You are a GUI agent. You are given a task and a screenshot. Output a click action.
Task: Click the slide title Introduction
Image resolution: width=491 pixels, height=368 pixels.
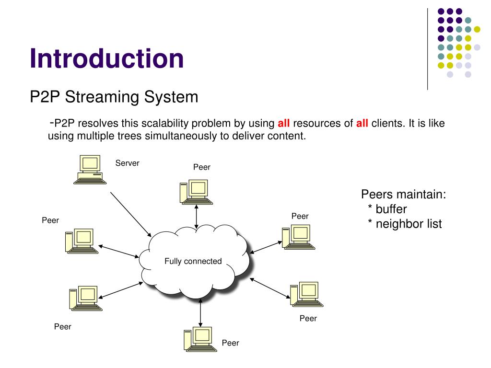pyautogui.click(x=106, y=58)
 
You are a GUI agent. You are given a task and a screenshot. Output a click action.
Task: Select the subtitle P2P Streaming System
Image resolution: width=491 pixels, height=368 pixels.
pyautogui.click(x=114, y=97)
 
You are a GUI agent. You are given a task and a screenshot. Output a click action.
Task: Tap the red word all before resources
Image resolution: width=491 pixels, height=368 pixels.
pyautogui.click(x=284, y=124)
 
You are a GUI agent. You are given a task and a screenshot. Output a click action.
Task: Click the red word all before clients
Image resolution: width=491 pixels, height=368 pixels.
pyautogui.click(x=362, y=124)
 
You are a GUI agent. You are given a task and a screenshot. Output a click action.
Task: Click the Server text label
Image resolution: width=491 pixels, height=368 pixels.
pyautogui.click(x=127, y=163)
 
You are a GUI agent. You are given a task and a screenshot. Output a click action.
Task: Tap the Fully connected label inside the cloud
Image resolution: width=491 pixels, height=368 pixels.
pyautogui.click(x=193, y=262)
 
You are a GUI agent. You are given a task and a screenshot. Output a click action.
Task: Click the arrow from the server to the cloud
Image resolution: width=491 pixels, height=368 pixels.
pyautogui.click(x=130, y=214)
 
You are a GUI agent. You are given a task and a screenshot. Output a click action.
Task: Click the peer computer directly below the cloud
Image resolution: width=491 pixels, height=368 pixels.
pyautogui.click(x=197, y=340)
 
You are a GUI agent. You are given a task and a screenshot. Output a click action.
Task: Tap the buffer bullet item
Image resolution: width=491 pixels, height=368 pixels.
pyautogui.click(x=387, y=209)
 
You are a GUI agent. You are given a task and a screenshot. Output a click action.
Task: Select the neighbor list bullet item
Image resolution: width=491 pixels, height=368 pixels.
pyautogui.click(x=405, y=224)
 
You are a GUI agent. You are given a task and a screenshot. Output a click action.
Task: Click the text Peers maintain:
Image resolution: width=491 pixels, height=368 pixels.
pyautogui.click(x=404, y=195)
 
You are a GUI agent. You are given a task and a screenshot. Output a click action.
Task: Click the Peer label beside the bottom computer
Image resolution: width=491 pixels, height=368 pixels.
pyautogui.click(x=230, y=343)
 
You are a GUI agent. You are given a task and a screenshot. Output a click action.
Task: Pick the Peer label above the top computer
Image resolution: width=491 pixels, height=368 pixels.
pyautogui.click(x=202, y=167)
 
